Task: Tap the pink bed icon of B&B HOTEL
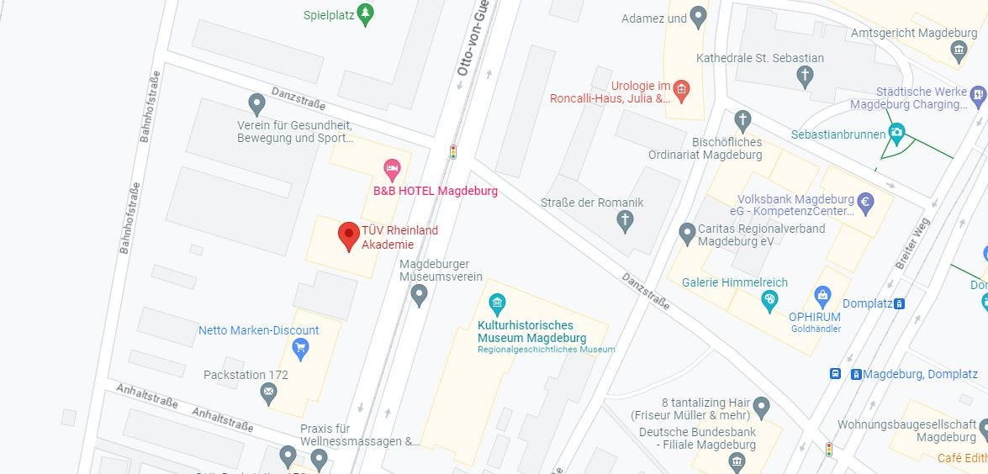pyautogui.click(x=392, y=169)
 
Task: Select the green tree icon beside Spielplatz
pyautogui.click(x=364, y=13)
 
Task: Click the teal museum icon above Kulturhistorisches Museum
pyautogui.click(x=497, y=302)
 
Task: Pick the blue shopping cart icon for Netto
pyautogui.click(x=300, y=347)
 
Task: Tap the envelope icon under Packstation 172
pyautogui.click(x=268, y=391)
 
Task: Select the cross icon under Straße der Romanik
pyautogui.click(x=624, y=221)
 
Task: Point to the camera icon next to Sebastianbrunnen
pyautogui.click(x=896, y=134)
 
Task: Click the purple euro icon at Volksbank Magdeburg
pyautogui.click(x=865, y=202)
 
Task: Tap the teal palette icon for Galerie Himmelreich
pyautogui.click(x=769, y=298)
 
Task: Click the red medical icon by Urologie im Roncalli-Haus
pyautogui.click(x=682, y=88)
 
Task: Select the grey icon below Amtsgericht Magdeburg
pyautogui.click(x=959, y=51)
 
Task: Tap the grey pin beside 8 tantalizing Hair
pyautogui.click(x=762, y=408)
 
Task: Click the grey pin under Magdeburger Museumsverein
pyautogui.click(x=419, y=295)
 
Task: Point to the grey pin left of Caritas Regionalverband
pyautogui.click(x=687, y=231)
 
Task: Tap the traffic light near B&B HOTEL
pyautogui.click(x=453, y=152)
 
